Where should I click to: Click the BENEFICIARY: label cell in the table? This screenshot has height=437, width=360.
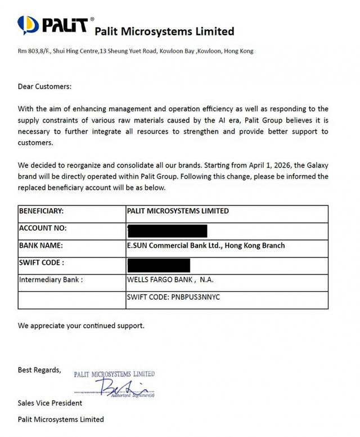(42, 211)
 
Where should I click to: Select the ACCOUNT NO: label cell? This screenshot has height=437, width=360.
(43, 228)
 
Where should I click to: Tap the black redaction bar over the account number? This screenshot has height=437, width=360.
(168, 229)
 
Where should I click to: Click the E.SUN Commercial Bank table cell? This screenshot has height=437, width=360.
(206, 245)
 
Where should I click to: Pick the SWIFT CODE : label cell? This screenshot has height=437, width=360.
(42, 263)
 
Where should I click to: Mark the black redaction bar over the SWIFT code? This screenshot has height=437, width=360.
(159, 264)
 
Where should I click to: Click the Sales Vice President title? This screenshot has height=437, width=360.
(50, 403)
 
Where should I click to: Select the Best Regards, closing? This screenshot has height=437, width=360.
(39, 370)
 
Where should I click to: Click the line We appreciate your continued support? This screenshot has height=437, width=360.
(81, 326)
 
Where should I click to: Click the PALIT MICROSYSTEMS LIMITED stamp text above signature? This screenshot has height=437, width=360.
(114, 374)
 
